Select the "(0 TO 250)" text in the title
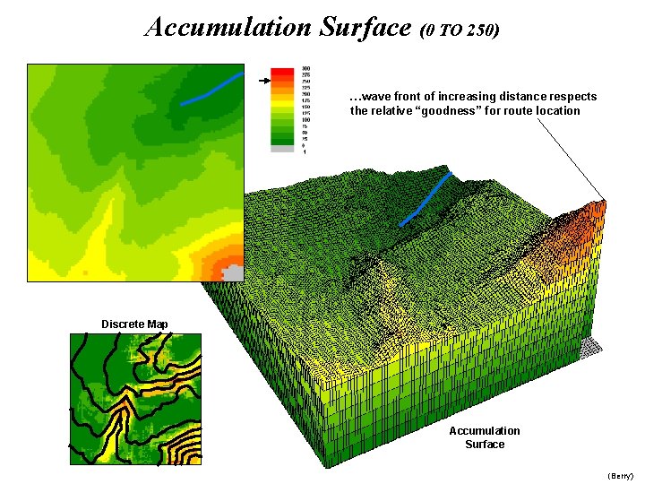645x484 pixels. pyautogui.click(x=459, y=30)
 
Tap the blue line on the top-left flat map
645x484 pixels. pyautogui.click(x=211, y=89)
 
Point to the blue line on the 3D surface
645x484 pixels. pyautogui.click(x=426, y=197)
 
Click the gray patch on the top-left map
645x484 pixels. pyautogui.click(x=232, y=272)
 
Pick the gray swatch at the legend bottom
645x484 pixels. pyautogui.click(x=283, y=149)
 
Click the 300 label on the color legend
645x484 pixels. pyautogui.click(x=306, y=68)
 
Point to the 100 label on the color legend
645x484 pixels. pyautogui.click(x=306, y=119)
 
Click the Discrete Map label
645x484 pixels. pyautogui.click(x=134, y=324)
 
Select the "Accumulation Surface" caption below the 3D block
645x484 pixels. pyautogui.click(x=484, y=437)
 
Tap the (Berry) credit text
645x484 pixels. pyautogui.click(x=620, y=475)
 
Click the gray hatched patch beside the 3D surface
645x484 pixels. pyautogui.click(x=590, y=346)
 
